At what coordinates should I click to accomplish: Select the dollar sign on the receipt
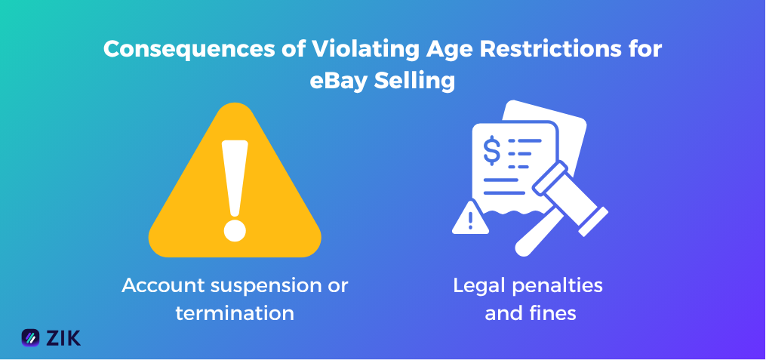(x=491, y=149)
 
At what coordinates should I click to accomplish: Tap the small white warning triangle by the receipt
(x=470, y=219)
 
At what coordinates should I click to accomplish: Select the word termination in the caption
(x=235, y=312)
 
